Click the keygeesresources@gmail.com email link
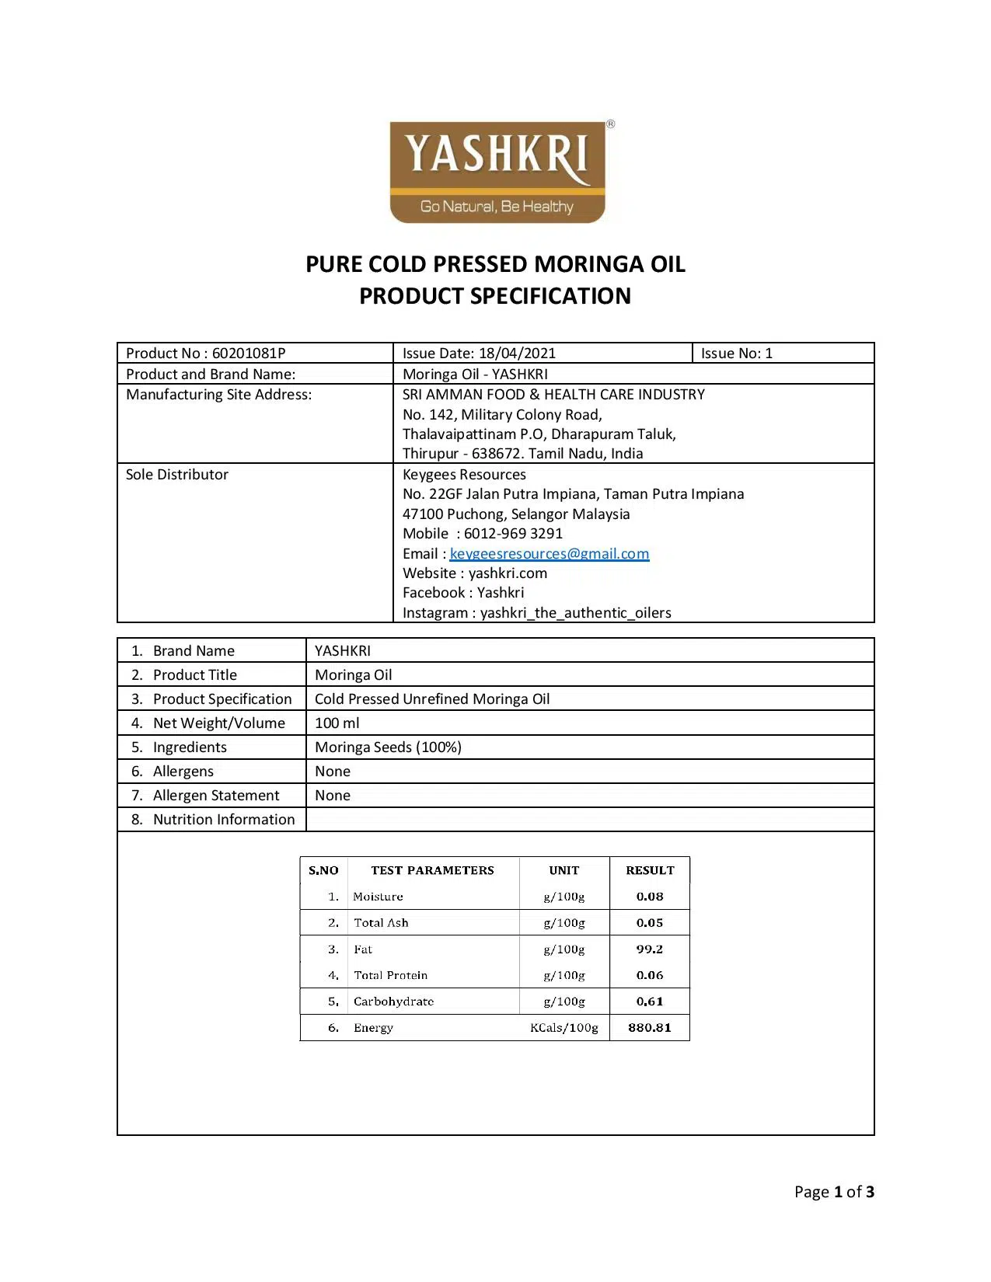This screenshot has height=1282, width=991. pyautogui.click(x=549, y=553)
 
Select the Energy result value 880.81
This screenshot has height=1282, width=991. pyautogui.click(x=649, y=1027)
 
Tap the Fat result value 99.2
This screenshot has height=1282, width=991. pyautogui.click(x=649, y=949)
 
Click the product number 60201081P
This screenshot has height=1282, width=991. pyautogui.click(x=249, y=353)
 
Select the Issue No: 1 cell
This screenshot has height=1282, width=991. pyautogui.click(x=736, y=353)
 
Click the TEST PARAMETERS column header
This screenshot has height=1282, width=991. pyautogui.click(x=432, y=870)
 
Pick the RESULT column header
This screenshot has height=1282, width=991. pyautogui.click(x=650, y=870)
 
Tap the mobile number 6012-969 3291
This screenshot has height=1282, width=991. pyautogui.click(x=513, y=533)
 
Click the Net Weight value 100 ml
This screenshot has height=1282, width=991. pyautogui.click(x=337, y=723)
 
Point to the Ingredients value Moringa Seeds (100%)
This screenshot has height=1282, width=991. pyautogui.click(x=388, y=747)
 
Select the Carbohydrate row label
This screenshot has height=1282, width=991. pyautogui.click(x=393, y=1001)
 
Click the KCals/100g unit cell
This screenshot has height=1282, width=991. pyautogui.click(x=564, y=1027)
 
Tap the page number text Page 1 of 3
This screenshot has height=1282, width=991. pyautogui.click(x=833, y=1191)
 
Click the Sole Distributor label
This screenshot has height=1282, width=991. pyautogui.click(x=177, y=474)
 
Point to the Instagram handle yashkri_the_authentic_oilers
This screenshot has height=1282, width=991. pyautogui.click(x=575, y=612)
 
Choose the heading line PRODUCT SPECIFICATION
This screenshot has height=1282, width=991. pyautogui.click(x=495, y=296)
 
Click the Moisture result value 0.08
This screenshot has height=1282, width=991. pyautogui.click(x=649, y=896)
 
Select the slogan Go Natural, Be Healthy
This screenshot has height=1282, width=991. pyautogui.click(x=497, y=206)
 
